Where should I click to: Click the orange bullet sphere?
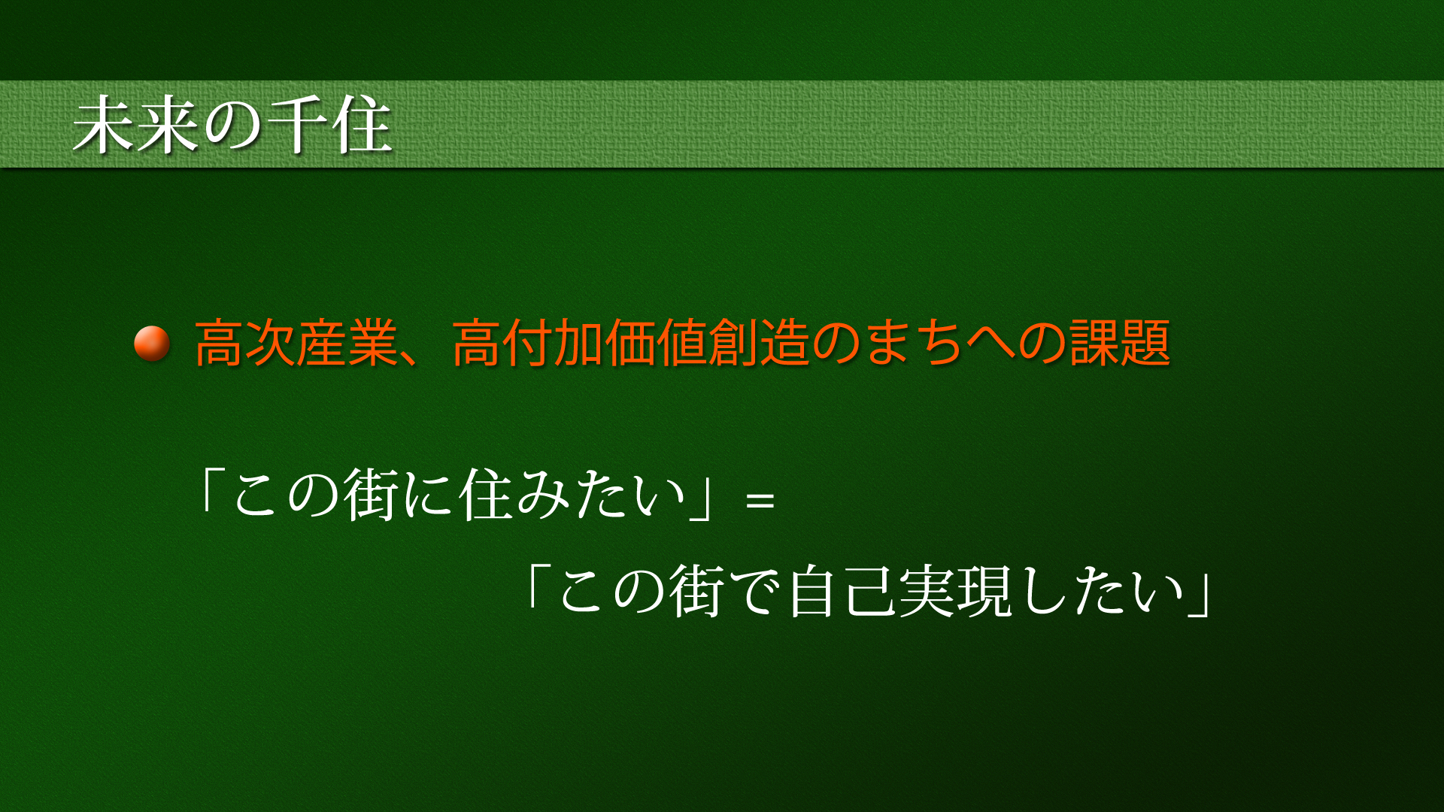coord(152,343)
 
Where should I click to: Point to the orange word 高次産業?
coord(296,343)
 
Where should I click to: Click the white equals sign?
coord(760,500)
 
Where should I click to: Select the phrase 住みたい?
coord(573,495)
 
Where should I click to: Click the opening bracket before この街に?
coord(209,490)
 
